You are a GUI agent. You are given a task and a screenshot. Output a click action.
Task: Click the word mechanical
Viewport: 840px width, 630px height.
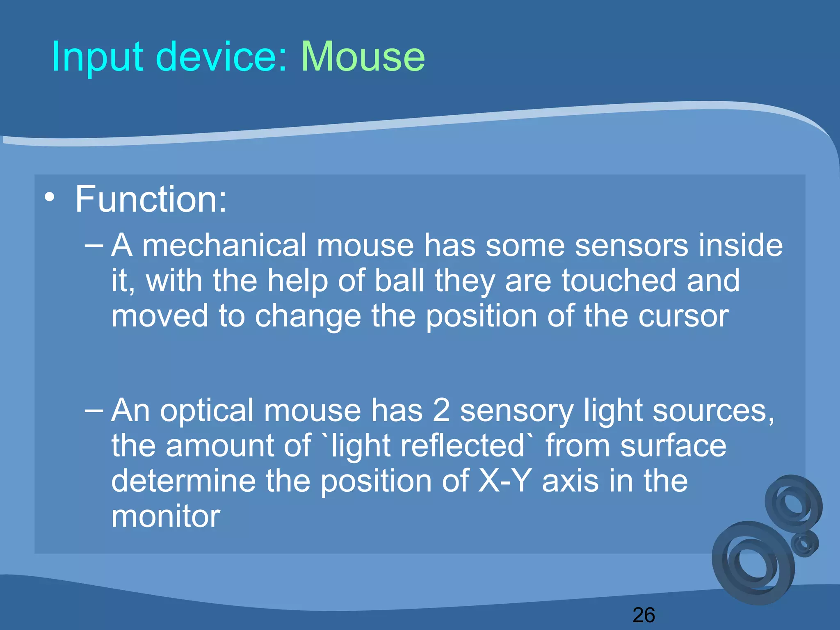tap(224, 245)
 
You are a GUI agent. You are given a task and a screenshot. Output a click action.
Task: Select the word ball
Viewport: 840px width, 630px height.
tap(399, 281)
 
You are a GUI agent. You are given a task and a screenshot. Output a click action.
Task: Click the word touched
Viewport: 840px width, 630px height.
tap(619, 281)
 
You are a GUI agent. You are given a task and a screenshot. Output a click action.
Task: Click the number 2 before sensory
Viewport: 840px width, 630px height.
tap(441, 410)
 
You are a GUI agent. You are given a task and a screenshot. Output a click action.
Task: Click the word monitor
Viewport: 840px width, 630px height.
tap(166, 516)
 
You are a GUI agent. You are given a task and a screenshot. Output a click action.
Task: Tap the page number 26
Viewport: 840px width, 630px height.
tap(644, 615)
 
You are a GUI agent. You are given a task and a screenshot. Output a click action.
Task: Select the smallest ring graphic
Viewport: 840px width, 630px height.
tap(805, 543)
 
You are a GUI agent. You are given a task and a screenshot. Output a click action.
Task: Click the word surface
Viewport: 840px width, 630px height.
tap(673, 445)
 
